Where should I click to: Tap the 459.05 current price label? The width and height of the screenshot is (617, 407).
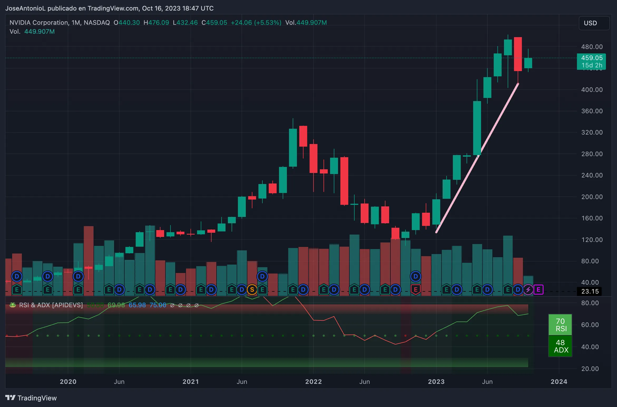[x=591, y=58]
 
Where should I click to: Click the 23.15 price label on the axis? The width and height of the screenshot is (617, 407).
[x=590, y=291]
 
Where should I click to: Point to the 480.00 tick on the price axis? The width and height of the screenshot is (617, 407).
[x=592, y=47]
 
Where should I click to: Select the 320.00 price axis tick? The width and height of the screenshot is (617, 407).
[x=592, y=132]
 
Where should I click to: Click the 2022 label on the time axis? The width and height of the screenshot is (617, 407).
[x=314, y=382]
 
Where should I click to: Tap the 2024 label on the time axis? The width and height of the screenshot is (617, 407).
[x=559, y=382]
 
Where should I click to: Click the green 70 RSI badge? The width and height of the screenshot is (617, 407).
[x=560, y=325]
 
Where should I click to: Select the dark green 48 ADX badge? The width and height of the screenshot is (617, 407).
[x=560, y=346]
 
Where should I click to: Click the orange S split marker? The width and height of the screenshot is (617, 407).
[x=252, y=290]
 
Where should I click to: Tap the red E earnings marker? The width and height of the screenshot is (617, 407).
[x=415, y=290]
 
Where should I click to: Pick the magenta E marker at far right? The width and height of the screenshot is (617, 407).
[x=538, y=290]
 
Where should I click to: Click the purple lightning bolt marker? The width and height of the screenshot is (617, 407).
[x=528, y=290]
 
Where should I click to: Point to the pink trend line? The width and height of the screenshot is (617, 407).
[x=477, y=158]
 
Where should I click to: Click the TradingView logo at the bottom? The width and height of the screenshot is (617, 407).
[x=31, y=398]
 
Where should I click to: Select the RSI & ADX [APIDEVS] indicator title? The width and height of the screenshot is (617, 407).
[x=51, y=305]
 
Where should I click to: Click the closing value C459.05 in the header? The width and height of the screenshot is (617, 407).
[x=214, y=23]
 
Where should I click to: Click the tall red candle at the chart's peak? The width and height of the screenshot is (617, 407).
[x=518, y=54]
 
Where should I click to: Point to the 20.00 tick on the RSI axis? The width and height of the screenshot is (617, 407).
[x=590, y=369]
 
